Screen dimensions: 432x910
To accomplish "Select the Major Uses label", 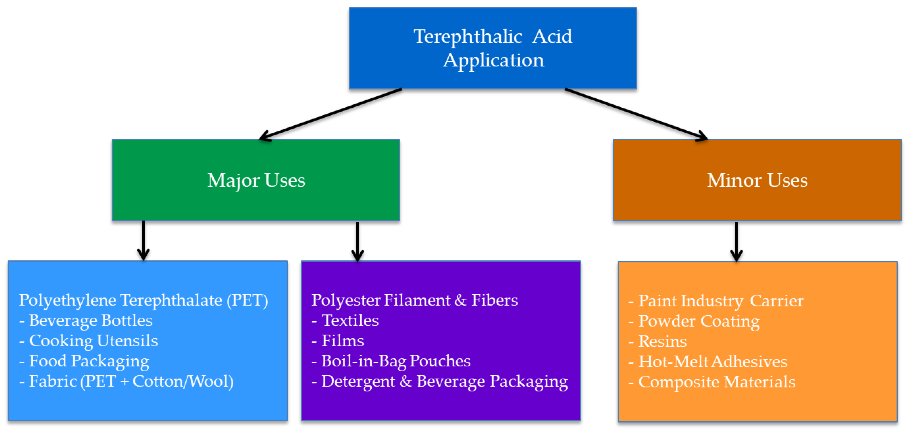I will [256, 181].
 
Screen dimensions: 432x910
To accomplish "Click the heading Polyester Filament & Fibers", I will [414, 300].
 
